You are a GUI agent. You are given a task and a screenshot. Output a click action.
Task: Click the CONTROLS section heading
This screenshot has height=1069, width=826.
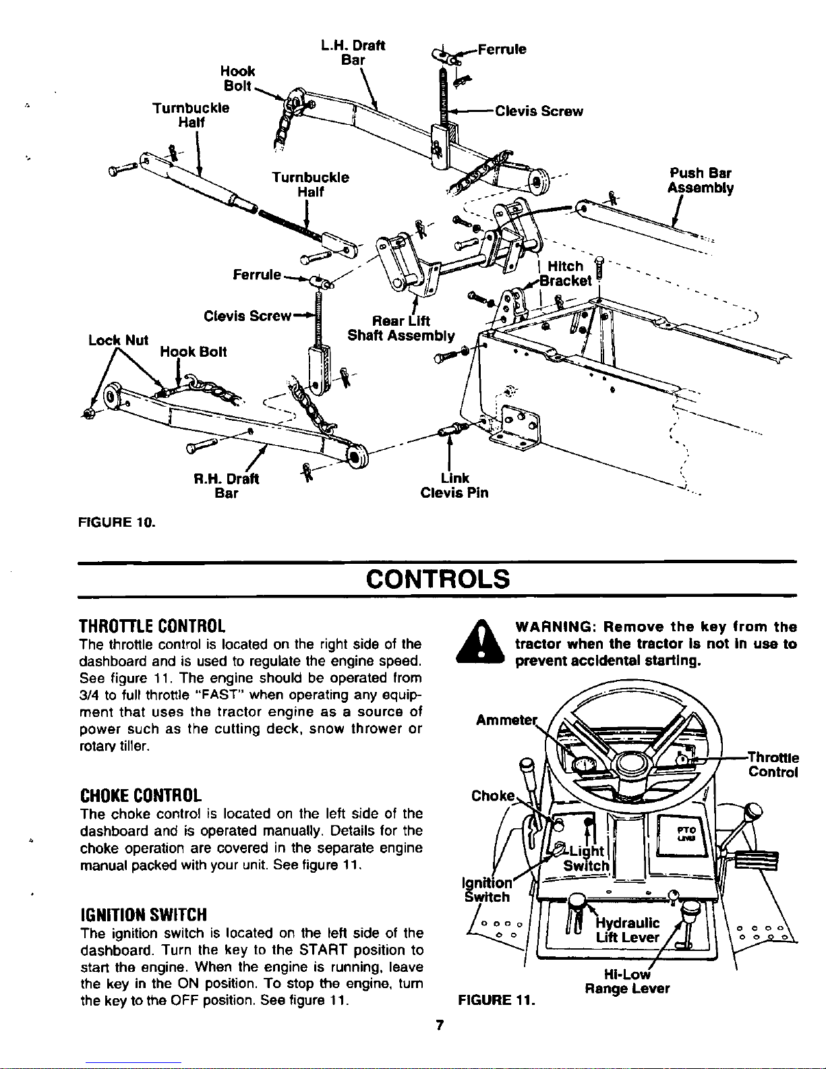point(438,579)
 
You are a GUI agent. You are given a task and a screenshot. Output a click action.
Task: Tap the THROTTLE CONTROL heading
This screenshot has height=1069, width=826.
point(152,627)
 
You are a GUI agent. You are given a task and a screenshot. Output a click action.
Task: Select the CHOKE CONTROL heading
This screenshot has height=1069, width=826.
point(141,795)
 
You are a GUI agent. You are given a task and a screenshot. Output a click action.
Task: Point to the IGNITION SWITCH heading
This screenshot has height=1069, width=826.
point(144,915)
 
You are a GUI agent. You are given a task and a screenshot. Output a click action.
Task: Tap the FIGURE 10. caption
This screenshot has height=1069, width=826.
point(117,522)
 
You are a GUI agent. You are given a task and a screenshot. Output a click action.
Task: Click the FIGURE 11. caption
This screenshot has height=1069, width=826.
point(496,1000)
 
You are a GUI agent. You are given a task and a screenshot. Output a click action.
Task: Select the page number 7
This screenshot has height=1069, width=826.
point(440,1025)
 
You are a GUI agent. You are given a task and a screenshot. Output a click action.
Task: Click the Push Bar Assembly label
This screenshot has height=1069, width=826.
point(700,181)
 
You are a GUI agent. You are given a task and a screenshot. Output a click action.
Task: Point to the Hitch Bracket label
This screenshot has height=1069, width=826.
point(566,274)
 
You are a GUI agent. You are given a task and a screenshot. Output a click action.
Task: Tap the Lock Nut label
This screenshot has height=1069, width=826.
point(118,340)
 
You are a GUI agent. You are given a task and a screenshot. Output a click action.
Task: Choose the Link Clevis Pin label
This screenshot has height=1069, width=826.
point(454,485)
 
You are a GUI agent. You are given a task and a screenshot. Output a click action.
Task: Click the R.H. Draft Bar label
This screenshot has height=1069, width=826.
point(226,486)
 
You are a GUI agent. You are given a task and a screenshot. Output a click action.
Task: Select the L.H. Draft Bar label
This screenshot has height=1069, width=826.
point(353,53)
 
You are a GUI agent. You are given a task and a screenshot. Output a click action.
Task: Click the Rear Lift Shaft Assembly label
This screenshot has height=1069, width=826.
point(401,328)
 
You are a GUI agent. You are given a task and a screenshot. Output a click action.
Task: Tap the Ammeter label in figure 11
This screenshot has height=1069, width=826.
point(506,720)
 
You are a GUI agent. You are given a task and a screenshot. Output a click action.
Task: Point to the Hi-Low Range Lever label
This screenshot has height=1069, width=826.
point(627,981)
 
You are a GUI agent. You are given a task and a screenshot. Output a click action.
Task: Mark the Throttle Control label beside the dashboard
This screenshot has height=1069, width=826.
point(773,764)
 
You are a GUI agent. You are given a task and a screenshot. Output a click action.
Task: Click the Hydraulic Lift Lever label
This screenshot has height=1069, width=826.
point(627,930)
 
